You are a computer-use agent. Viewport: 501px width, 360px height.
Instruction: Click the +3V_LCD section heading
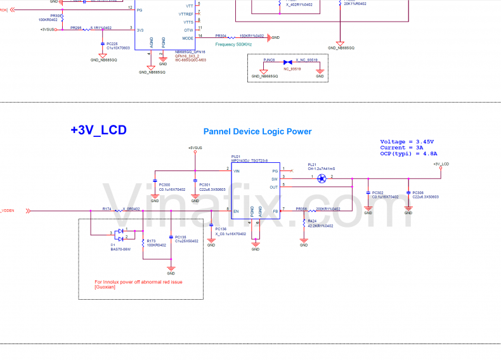pyautogui.click(x=98, y=131)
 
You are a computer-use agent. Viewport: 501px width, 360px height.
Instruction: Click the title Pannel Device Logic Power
pyautogui.click(x=257, y=132)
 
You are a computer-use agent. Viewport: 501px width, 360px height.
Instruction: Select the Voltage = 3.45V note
pyautogui.click(x=407, y=141)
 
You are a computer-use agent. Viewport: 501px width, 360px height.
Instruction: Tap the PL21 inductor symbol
pyautogui.click(x=321, y=178)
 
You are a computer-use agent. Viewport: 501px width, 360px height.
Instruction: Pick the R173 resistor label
pyautogui.click(x=150, y=241)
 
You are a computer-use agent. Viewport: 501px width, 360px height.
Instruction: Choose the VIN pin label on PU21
pyautogui.click(x=237, y=170)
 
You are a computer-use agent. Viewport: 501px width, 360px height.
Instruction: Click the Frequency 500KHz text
pyautogui.click(x=233, y=44)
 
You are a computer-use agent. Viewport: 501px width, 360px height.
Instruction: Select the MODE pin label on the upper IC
pyautogui.click(x=188, y=37)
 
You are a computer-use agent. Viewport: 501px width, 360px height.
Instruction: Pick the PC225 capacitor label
pyautogui.click(x=112, y=43)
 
